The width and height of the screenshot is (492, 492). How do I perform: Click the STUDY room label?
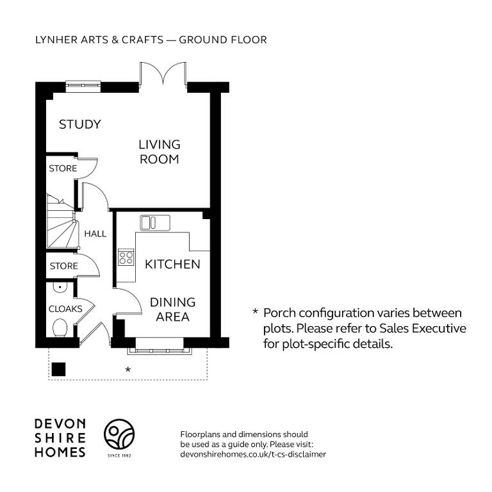tap(80, 124)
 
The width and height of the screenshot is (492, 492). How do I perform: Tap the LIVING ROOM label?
tap(160, 152)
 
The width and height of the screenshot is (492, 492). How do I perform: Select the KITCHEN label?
tap(172, 264)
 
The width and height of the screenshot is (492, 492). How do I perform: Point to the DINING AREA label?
tap(172, 309)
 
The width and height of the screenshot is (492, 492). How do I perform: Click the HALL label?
tap(95, 234)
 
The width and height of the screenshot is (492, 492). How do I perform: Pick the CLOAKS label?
tap(65, 309)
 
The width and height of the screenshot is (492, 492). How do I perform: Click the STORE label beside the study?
tap(63, 168)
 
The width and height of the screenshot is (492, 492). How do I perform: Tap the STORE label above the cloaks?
tap(63, 266)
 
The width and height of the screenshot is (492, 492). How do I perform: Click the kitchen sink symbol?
tap(155, 223)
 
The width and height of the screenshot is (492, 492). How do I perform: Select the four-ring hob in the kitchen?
tap(126, 258)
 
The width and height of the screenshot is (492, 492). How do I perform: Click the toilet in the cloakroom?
tap(60, 328)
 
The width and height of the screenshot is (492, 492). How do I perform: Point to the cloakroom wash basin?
tap(60, 287)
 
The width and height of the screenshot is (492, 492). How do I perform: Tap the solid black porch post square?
tap(58, 369)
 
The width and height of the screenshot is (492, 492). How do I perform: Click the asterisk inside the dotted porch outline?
tap(128, 370)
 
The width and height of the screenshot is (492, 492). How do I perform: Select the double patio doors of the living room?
tap(163, 74)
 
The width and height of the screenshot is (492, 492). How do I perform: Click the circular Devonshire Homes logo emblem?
tap(119, 434)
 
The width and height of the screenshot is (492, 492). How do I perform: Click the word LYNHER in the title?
tap(56, 40)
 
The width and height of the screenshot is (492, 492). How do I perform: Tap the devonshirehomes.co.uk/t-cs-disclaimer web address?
tap(253, 454)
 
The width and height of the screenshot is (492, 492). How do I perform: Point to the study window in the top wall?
tap(83, 86)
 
